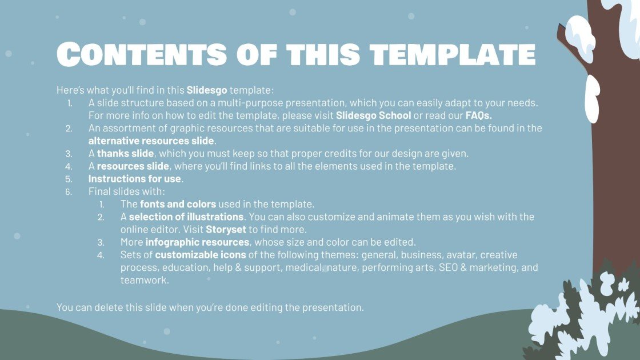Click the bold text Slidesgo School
pyautogui.click(x=373, y=115)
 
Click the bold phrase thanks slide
pyautogui.click(x=125, y=153)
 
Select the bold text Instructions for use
pyautogui.click(x=135, y=179)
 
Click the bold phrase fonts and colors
pyautogui.click(x=178, y=204)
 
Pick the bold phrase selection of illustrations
pyautogui.click(x=186, y=217)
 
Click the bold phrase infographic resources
pyautogui.click(x=193, y=242)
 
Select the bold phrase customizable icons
pyautogui.click(x=201, y=255)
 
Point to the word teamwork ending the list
pyautogui.click(x=143, y=280)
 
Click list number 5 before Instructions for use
pyautogui.click(x=69, y=179)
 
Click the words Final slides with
pyautogui.click(x=126, y=191)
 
